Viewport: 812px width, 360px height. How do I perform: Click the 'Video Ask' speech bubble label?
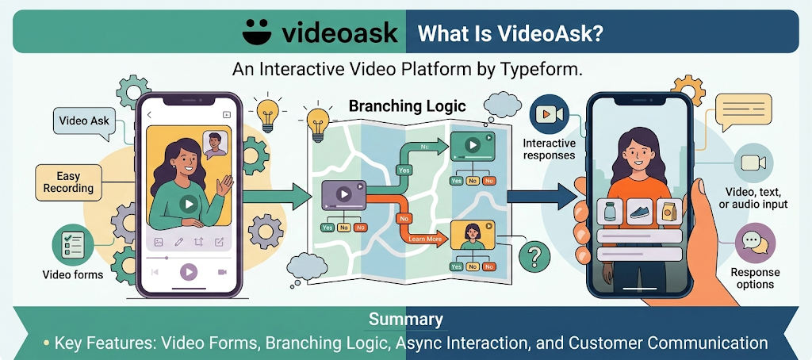click(84, 122)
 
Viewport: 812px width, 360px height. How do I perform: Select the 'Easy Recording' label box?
click(69, 182)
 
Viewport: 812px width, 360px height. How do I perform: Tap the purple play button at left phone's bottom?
click(188, 272)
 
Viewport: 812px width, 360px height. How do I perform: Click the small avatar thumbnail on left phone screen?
click(213, 144)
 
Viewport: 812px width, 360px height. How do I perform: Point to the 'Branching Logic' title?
click(408, 105)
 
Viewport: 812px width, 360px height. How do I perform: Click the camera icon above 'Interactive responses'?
click(548, 115)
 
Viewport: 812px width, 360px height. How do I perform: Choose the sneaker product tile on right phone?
click(639, 213)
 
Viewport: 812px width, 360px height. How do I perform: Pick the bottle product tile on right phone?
click(609, 213)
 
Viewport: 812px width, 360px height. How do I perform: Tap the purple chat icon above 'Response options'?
click(754, 243)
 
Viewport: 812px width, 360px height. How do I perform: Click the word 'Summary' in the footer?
click(405, 320)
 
